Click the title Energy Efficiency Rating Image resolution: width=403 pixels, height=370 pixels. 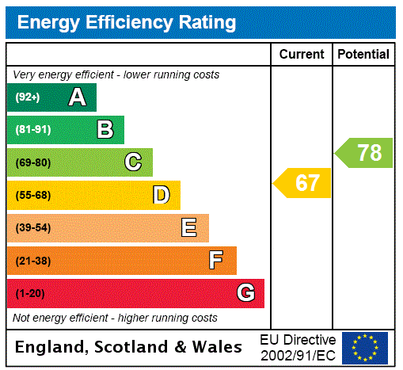coord(127,22)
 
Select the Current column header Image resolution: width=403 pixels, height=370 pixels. coord(302,55)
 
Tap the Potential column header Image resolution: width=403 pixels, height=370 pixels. coord(363,55)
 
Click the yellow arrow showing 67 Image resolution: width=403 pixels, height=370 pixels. coord(304,183)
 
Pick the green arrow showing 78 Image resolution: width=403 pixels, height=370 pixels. coord(365,152)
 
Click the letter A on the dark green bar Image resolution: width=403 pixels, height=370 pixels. coord(77,97)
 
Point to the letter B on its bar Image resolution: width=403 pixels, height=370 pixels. coord(105,130)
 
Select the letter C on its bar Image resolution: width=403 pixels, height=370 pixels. coord(133,162)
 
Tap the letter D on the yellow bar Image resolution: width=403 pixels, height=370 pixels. coord(161,195)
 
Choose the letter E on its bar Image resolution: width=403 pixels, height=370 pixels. coord(189,228)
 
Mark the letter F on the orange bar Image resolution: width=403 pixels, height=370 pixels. coord(216,261)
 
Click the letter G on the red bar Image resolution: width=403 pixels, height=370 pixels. coord(245,293)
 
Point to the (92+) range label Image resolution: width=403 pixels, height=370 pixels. coord(28,97)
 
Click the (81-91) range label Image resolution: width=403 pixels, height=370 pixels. coord(32,130)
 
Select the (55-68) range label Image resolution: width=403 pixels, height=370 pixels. coord(32,196)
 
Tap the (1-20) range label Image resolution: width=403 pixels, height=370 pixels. coord(30,294)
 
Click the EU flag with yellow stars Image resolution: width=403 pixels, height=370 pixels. coord(365,347)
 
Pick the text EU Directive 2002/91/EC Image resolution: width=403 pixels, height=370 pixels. coord(298,347)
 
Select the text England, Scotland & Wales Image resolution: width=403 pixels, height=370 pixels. coord(129,347)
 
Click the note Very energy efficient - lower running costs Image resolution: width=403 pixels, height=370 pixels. coord(116,74)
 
